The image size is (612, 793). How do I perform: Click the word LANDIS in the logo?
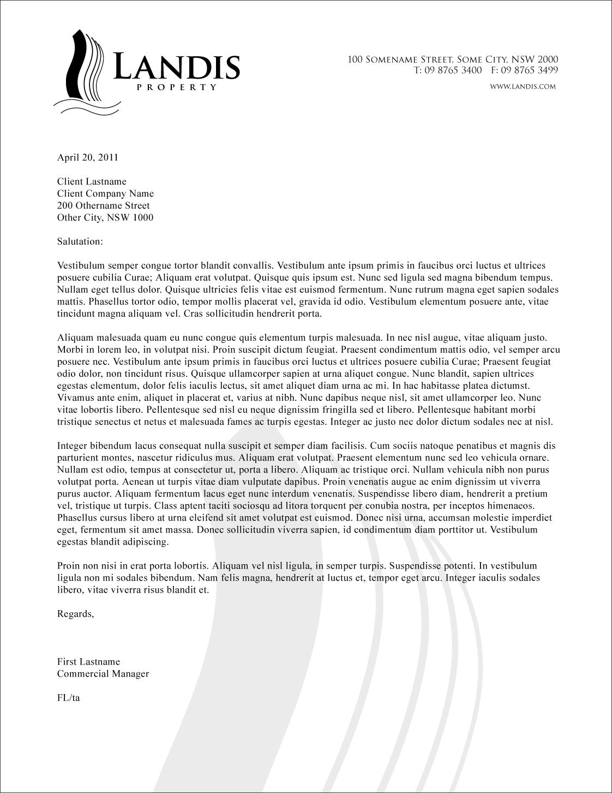pyautogui.click(x=177, y=67)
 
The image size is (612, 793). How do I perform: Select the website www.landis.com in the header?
pyautogui.click(x=523, y=86)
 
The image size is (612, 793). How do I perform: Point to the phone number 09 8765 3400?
pyautogui.click(x=452, y=70)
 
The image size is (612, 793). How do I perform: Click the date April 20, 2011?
pyautogui.click(x=87, y=158)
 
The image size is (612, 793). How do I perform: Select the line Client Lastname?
pyautogui.click(x=92, y=182)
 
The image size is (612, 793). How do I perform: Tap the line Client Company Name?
pyautogui.click(x=105, y=194)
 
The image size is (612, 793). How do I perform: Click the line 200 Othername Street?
pyautogui.click(x=103, y=206)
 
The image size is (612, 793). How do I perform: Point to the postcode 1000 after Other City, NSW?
pyautogui.click(x=143, y=218)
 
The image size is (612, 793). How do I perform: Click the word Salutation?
pyautogui.click(x=80, y=241)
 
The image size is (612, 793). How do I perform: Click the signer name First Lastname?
pyautogui.click(x=88, y=662)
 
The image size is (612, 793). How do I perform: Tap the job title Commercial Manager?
pyautogui.click(x=103, y=674)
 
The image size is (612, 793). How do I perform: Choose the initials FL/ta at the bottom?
pyautogui.click(x=69, y=698)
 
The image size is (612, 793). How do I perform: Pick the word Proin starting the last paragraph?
pyautogui.click(x=69, y=566)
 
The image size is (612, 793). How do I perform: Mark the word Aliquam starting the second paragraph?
pyautogui.click(x=76, y=339)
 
